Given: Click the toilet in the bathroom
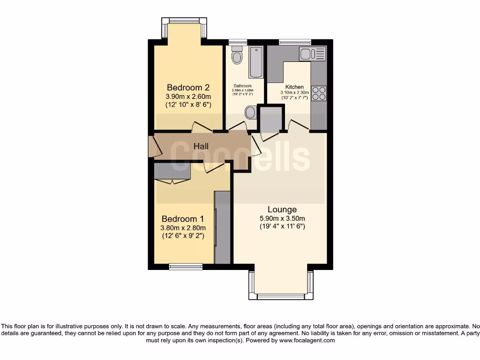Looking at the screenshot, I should coord(238,55).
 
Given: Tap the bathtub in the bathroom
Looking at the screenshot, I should coord(256,62).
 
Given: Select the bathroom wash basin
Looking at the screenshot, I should coord(251,112).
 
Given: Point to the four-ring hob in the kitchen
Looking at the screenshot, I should coord(319,93).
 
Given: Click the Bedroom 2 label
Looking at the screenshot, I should coord(188,88).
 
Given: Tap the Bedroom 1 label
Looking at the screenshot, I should coord(183,219).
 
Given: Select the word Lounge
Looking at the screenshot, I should coord(282,210).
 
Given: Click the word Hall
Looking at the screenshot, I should coord(201,147).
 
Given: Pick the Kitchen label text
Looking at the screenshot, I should coord(295,87).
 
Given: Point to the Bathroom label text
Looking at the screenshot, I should coord(243,86).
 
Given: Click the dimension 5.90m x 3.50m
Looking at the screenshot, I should coord(282,218).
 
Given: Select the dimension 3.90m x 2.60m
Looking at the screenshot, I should coord(188,97).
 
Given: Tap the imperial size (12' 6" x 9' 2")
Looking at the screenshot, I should coord(183,237).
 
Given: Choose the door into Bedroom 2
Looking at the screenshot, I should coord(202,126).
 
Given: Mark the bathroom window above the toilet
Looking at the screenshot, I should coord(238,42).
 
